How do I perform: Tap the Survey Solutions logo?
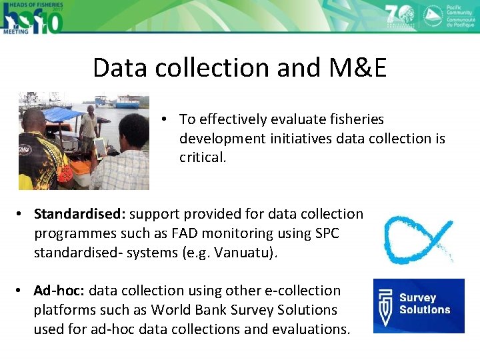point(419,305)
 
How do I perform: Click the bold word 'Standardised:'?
point(80,214)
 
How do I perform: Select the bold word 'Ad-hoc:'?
point(59,291)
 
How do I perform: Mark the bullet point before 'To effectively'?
point(163,119)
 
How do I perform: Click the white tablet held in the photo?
point(100,147)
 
